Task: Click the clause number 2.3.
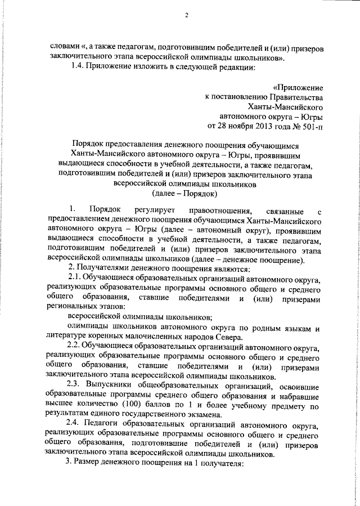pyautogui.click(x=76, y=386)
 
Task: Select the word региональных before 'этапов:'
pyautogui.click(x=71, y=307)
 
